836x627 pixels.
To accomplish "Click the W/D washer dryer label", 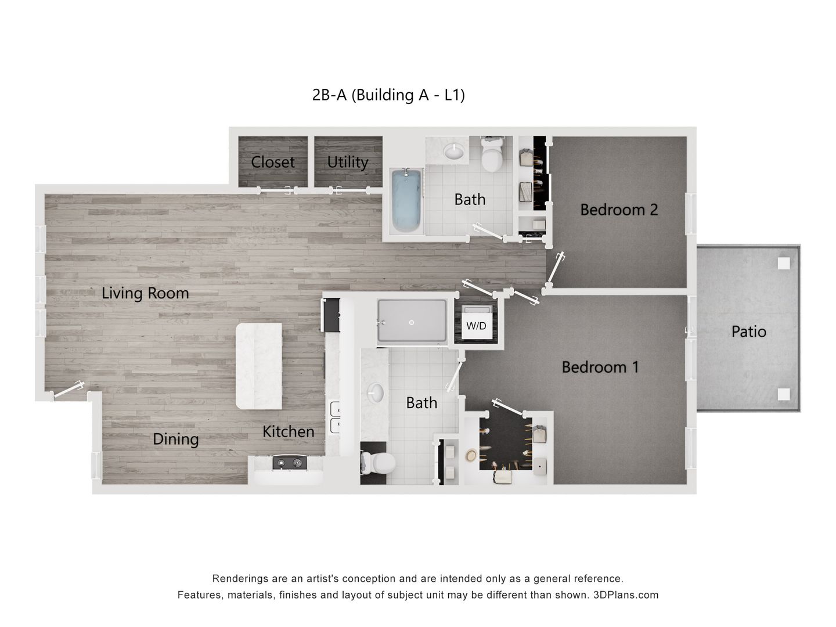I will [476, 326].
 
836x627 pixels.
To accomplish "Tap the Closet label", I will [273, 162].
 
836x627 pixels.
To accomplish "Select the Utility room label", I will [347, 162].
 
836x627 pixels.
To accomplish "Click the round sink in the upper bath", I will [454, 152].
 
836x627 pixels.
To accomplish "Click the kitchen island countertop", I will [259, 366].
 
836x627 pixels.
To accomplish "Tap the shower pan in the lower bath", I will [412, 321].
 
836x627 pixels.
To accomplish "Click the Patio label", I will [748, 331].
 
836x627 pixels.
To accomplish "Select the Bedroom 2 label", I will [619, 210].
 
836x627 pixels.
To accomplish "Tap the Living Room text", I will [145, 293].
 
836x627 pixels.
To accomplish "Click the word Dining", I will [175, 439].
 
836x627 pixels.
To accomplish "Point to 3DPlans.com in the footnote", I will [625, 595].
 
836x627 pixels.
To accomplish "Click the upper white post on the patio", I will [784, 263].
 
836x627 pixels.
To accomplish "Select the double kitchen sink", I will [336, 418].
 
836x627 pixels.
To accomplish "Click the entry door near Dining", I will [69, 390].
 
